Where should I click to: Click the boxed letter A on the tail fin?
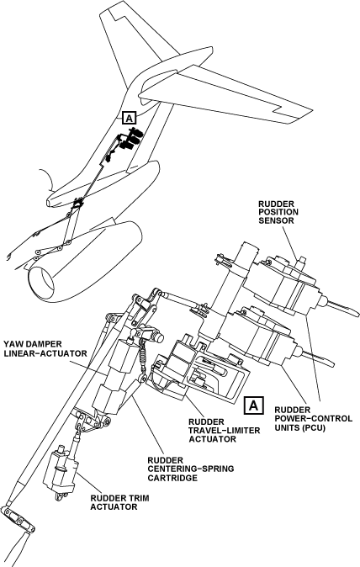(130, 118)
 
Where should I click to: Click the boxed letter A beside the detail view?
(254, 405)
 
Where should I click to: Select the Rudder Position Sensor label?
(278, 212)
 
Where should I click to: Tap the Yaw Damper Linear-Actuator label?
(45, 348)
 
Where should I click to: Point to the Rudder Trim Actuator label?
(119, 502)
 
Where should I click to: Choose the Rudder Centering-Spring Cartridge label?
(190, 469)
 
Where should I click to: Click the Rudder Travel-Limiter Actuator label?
(225, 431)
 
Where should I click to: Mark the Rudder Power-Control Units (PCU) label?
(314, 419)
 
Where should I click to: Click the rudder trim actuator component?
(60, 472)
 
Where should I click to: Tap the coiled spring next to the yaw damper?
(143, 358)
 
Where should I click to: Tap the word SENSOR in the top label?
(276, 220)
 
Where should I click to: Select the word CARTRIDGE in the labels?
(172, 478)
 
